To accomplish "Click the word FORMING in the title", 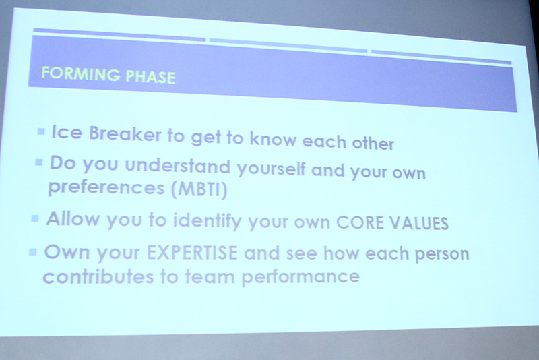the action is (x=80, y=73).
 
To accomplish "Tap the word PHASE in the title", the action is (x=150, y=77).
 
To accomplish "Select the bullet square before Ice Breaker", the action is (x=41, y=131).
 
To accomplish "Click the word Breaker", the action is (x=125, y=133).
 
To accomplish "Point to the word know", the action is (x=273, y=138).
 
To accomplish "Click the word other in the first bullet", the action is (x=373, y=142).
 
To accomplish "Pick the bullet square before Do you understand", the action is (x=39, y=162).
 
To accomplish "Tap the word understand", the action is (x=178, y=165).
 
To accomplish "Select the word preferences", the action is (x=106, y=188).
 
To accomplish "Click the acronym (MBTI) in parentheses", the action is (x=199, y=189).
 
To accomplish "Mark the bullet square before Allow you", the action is (x=35, y=218).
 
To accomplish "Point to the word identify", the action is (x=208, y=221).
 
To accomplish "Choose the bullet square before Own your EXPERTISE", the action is (x=33, y=252).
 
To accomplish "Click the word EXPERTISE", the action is (x=192, y=253).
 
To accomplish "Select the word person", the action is (x=442, y=254).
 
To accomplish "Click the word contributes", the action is (x=98, y=276).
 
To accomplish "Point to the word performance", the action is (x=300, y=277).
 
